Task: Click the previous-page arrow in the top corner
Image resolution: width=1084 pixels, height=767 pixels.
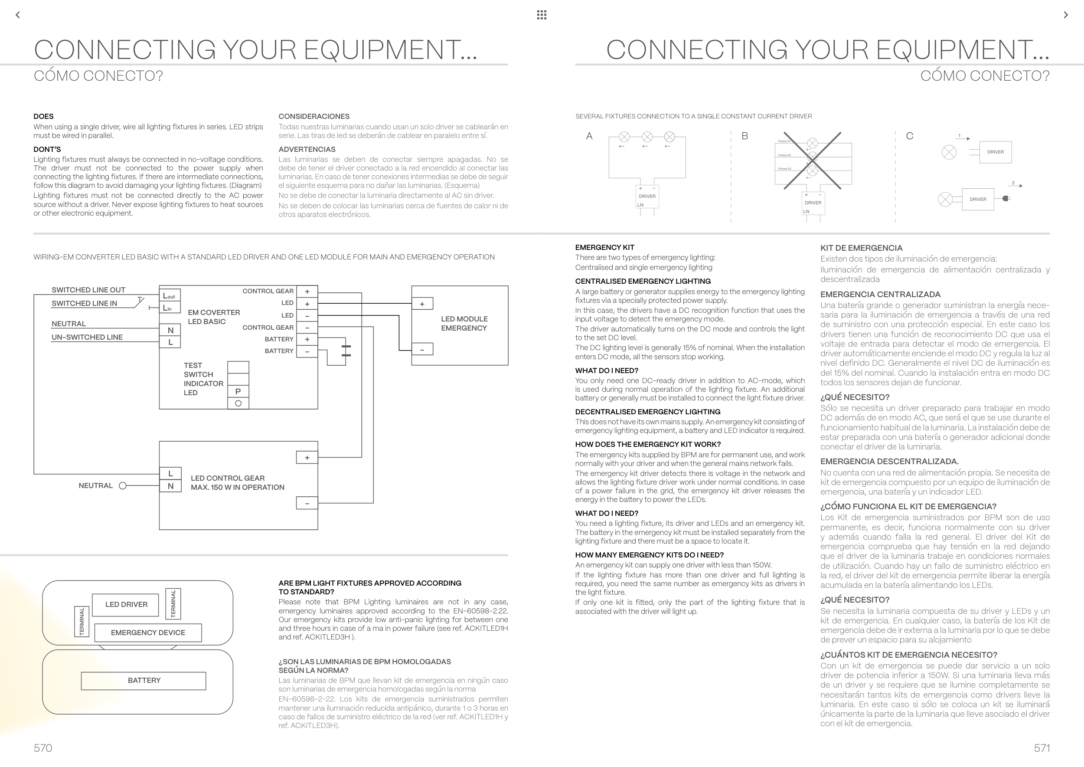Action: pos(18,15)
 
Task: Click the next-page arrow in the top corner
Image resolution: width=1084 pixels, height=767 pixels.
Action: pos(1066,15)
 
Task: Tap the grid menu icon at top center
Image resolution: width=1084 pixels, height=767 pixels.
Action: pos(542,15)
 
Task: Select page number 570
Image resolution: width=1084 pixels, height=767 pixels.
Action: pos(43,747)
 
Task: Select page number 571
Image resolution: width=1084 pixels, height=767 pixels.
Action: pos(1042,747)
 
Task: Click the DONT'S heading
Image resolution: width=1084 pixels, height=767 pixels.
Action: pos(47,149)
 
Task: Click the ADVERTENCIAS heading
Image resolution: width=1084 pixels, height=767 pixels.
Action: pos(307,149)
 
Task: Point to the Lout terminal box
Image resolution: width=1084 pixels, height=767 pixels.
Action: pos(170,296)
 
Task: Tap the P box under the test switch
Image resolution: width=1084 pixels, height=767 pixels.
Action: pos(238,392)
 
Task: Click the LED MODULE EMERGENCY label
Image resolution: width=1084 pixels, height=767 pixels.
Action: pos(464,324)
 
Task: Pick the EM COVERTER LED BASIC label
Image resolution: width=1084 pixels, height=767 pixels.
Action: pos(214,317)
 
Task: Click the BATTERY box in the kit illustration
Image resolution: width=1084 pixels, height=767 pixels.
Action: pos(144,681)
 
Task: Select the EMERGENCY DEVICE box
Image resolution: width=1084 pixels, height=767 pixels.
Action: pos(148,633)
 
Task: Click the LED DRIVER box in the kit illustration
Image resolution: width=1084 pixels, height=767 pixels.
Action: pos(126,604)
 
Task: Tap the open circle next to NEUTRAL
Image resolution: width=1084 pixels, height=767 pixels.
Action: pos(123,485)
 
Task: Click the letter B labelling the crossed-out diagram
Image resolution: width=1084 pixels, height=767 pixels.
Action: pos(744,136)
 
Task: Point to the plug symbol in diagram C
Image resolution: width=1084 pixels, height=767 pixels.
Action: pos(1006,198)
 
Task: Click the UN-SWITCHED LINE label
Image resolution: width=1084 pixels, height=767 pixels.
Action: pos(87,337)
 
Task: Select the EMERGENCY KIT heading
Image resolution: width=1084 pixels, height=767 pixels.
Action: pos(604,247)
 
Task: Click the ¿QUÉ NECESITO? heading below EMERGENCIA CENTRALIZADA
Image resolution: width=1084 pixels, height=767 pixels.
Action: pos(855,397)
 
